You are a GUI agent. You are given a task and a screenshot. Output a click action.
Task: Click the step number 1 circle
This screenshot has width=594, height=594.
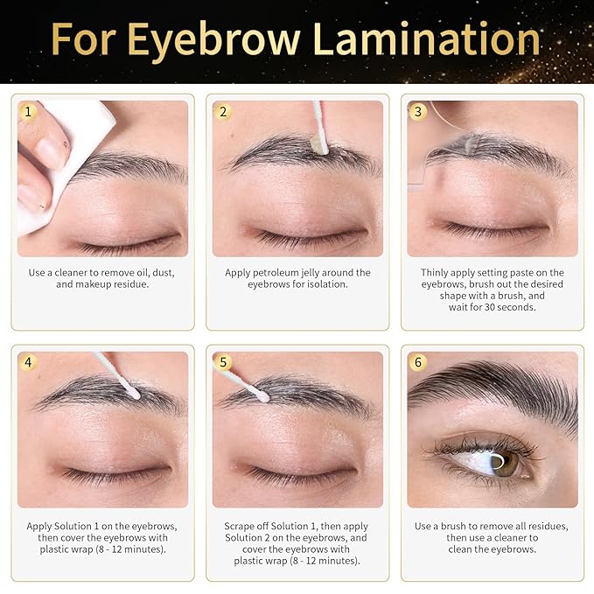(29, 112)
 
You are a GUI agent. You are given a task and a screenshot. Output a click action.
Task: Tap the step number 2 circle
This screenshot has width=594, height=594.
(223, 112)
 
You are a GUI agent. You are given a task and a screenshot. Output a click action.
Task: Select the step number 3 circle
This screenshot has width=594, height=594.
(418, 112)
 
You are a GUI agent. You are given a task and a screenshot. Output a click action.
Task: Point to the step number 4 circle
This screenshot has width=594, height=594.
(29, 362)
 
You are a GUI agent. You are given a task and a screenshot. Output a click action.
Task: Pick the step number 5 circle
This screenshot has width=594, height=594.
(223, 362)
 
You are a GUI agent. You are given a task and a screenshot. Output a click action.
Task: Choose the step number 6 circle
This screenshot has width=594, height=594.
(418, 362)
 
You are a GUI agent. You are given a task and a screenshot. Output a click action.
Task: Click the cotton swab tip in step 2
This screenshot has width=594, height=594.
(320, 146)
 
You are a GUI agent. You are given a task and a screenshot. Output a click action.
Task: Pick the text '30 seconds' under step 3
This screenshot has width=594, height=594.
(508, 308)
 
